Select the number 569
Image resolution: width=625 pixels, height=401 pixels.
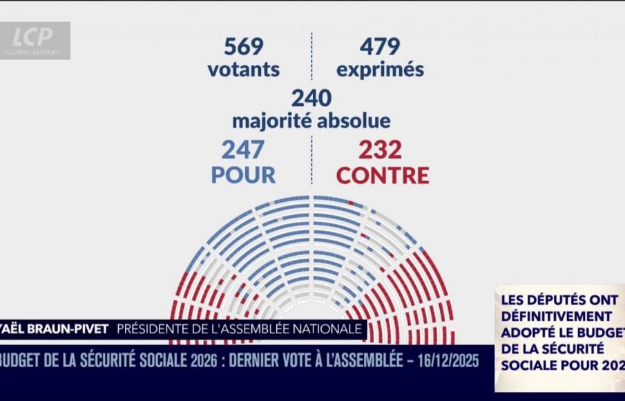pyautogui.click(x=244, y=47)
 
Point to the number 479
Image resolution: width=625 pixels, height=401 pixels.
pyautogui.click(x=380, y=47)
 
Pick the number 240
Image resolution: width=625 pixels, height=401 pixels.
pyautogui.click(x=311, y=98)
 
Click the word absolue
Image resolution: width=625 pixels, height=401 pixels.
pyautogui.click(x=354, y=121)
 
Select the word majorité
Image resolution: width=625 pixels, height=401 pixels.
pyautogui.click(x=272, y=121)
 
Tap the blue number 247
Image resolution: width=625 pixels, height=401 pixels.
pyautogui.click(x=243, y=149)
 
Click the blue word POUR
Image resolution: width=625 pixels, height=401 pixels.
pyautogui.click(x=243, y=174)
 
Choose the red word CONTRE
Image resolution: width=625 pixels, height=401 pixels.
pyautogui.click(x=383, y=174)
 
